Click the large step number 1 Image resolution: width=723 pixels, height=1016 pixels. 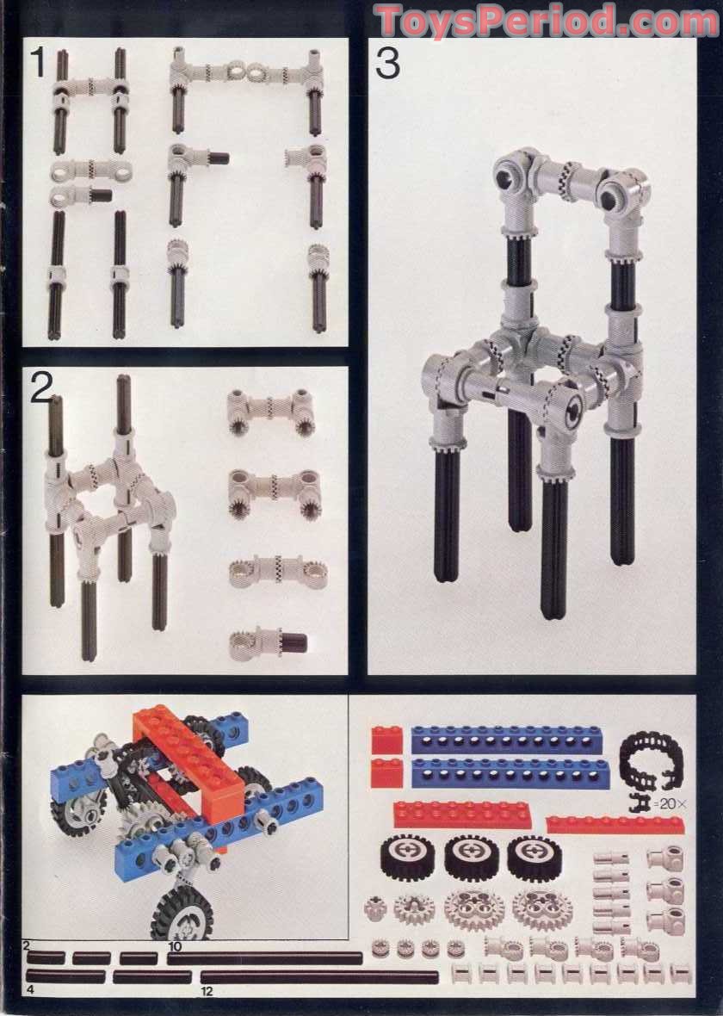point(38,63)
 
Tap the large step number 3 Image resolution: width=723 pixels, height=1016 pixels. point(387,65)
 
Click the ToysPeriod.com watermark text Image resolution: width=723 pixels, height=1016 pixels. point(547,21)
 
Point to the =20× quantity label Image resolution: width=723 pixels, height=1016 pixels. point(670,803)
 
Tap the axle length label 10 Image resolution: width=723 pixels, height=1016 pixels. point(175,946)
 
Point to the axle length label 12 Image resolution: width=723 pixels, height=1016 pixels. point(207,991)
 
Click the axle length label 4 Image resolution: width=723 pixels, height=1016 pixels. point(30,989)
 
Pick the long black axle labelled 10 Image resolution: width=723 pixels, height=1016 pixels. point(265,957)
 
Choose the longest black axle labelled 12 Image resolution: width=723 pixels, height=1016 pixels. point(319,976)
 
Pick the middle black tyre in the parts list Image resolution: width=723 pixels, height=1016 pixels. point(471,858)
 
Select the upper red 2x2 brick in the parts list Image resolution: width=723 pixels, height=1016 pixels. point(386,740)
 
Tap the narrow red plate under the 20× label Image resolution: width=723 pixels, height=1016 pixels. point(615,824)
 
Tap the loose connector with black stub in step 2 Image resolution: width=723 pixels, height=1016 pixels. point(269,644)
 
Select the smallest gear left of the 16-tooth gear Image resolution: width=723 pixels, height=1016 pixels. point(375,908)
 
